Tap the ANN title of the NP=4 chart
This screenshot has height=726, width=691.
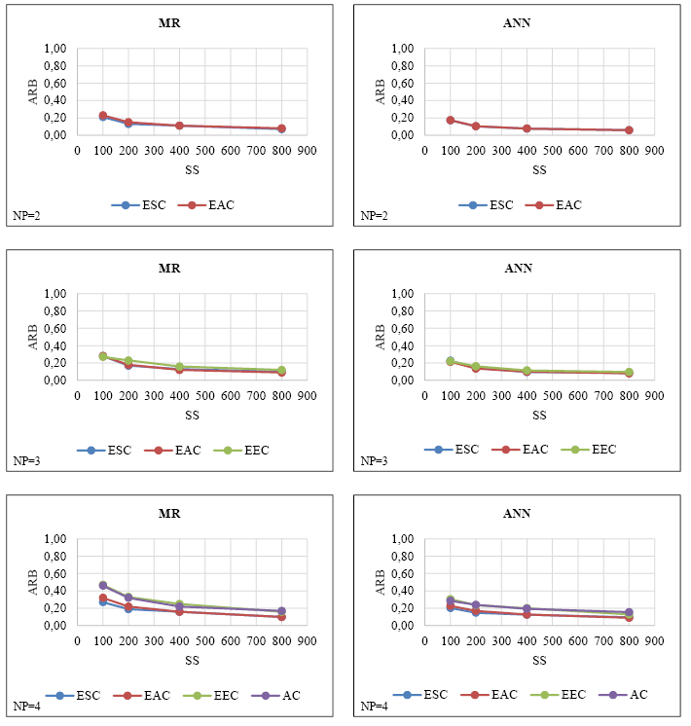click(x=518, y=513)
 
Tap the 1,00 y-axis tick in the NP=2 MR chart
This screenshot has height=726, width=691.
click(x=55, y=49)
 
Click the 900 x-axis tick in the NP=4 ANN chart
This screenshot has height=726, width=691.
click(x=654, y=641)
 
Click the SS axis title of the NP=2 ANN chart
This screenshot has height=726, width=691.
click(x=538, y=169)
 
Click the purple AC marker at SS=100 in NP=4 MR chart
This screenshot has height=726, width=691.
click(x=102, y=585)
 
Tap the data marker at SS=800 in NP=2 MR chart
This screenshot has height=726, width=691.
click(x=281, y=128)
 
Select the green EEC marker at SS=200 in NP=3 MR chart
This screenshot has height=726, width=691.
click(x=127, y=360)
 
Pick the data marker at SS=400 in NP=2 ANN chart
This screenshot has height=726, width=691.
click(x=527, y=128)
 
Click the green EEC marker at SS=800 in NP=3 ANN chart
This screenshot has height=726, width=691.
click(x=629, y=372)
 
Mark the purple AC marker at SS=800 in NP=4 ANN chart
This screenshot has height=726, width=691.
click(x=629, y=612)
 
